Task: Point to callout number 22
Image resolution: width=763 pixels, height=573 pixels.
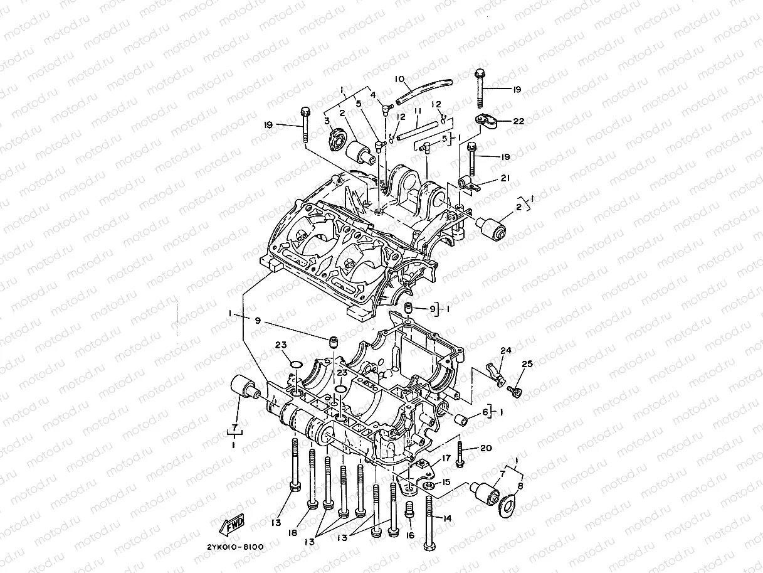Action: tap(518, 120)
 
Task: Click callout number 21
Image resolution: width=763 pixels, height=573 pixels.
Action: tap(505, 178)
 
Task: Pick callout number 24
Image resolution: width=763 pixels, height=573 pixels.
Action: tap(505, 350)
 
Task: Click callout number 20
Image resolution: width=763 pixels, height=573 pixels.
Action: tap(487, 447)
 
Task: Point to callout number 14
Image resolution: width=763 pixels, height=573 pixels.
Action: tap(446, 518)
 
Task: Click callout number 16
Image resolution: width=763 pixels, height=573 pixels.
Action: tap(410, 535)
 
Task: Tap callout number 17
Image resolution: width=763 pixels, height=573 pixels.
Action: tap(446, 459)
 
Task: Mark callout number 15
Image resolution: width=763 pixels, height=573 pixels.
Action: tap(446, 482)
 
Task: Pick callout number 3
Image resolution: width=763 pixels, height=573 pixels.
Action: tap(327, 120)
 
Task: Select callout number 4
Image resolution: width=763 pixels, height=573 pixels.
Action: tap(372, 95)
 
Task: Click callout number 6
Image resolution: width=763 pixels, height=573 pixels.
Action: tap(485, 412)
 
